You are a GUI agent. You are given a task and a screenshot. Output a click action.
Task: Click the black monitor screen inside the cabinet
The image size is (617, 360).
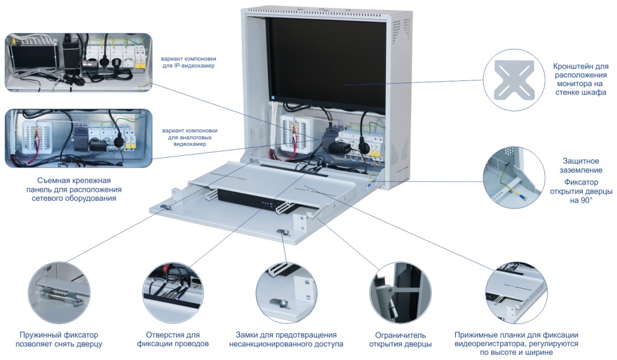pos(327,59)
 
